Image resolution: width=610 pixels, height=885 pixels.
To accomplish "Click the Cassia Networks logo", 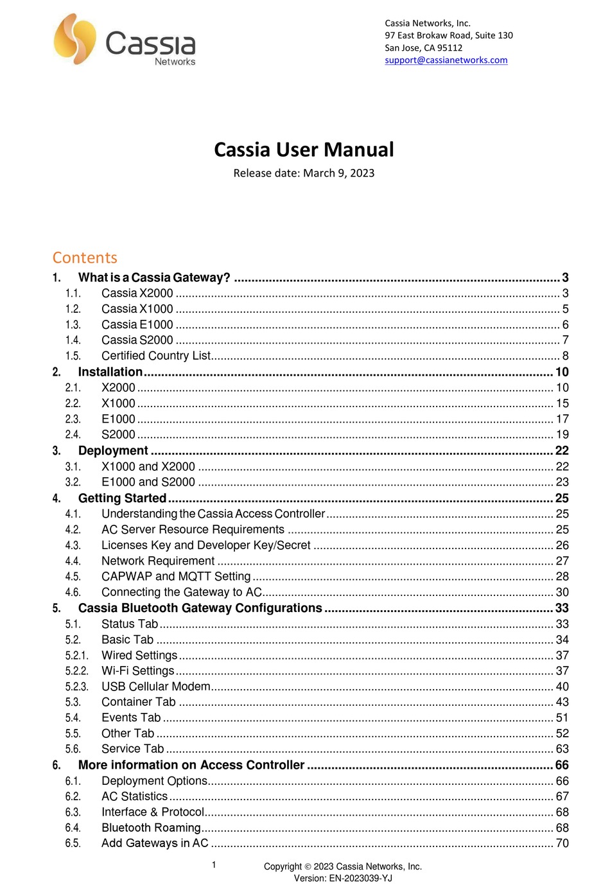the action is click(125, 40).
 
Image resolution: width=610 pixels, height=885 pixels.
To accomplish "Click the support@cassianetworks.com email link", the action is click(446, 60).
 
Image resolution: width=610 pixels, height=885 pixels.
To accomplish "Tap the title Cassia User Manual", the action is click(304, 150).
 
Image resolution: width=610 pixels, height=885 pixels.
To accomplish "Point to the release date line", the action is click(304, 173).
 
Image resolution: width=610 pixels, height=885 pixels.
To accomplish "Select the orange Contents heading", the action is click(85, 258).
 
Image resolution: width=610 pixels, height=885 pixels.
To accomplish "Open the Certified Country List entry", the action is click(156, 356).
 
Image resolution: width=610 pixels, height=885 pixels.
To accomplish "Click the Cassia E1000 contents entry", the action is click(137, 324).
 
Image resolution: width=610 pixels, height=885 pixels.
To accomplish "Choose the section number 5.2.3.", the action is click(76, 687).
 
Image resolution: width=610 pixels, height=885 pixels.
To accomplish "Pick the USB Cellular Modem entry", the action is click(156, 687).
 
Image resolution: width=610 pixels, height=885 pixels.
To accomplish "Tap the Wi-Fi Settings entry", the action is click(138, 670).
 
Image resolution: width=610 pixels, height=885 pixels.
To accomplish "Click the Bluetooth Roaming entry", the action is click(151, 828).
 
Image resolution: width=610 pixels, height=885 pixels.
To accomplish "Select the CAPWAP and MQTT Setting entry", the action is click(176, 577).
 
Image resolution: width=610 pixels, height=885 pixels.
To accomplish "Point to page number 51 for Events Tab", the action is click(562, 718).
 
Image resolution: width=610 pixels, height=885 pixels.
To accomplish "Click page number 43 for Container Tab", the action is click(562, 702).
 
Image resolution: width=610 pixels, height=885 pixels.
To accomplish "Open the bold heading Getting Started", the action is click(122, 498).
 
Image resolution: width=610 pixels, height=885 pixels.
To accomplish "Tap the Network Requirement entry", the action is click(158, 561).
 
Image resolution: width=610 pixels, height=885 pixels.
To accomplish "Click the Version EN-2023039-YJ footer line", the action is click(343, 878).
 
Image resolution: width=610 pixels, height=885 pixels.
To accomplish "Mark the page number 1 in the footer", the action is click(214, 864).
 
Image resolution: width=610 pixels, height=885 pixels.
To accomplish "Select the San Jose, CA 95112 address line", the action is click(423, 48).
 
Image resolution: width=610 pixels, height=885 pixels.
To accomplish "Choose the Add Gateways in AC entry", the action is click(155, 843).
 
